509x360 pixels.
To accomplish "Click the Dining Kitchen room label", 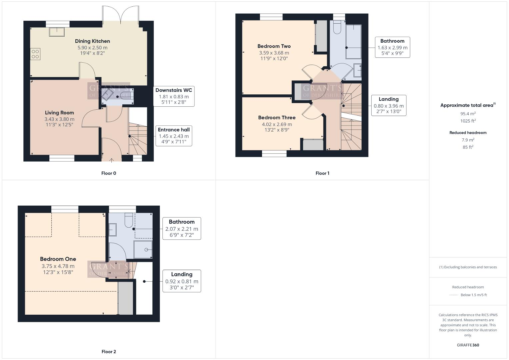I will (92, 41).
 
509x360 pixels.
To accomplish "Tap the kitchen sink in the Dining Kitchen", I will (57, 32).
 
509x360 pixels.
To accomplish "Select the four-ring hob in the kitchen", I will (35, 54).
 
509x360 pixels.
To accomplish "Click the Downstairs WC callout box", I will (174, 96).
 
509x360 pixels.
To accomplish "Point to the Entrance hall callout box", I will (174, 136).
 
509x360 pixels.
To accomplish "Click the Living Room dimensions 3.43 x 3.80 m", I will (59, 119).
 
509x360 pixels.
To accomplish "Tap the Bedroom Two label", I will (274, 46).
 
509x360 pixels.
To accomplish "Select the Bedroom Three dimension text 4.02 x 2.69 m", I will (277, 124).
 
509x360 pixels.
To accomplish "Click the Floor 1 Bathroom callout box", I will (392, 47).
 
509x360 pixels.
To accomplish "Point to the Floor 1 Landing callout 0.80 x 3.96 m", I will (389, 106).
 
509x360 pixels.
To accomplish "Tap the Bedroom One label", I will (58, 259).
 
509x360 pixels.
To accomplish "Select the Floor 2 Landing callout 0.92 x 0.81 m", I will (182, 281).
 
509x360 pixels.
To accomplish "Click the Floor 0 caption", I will (109, 173).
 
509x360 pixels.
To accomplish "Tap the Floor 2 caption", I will (109, 352).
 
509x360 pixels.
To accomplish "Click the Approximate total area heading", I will (467, 105).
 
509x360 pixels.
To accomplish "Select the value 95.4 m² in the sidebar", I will (468, 114).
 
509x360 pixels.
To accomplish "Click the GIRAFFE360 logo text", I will (468, 345).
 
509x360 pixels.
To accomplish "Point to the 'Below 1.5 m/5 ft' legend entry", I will (473, 295).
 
